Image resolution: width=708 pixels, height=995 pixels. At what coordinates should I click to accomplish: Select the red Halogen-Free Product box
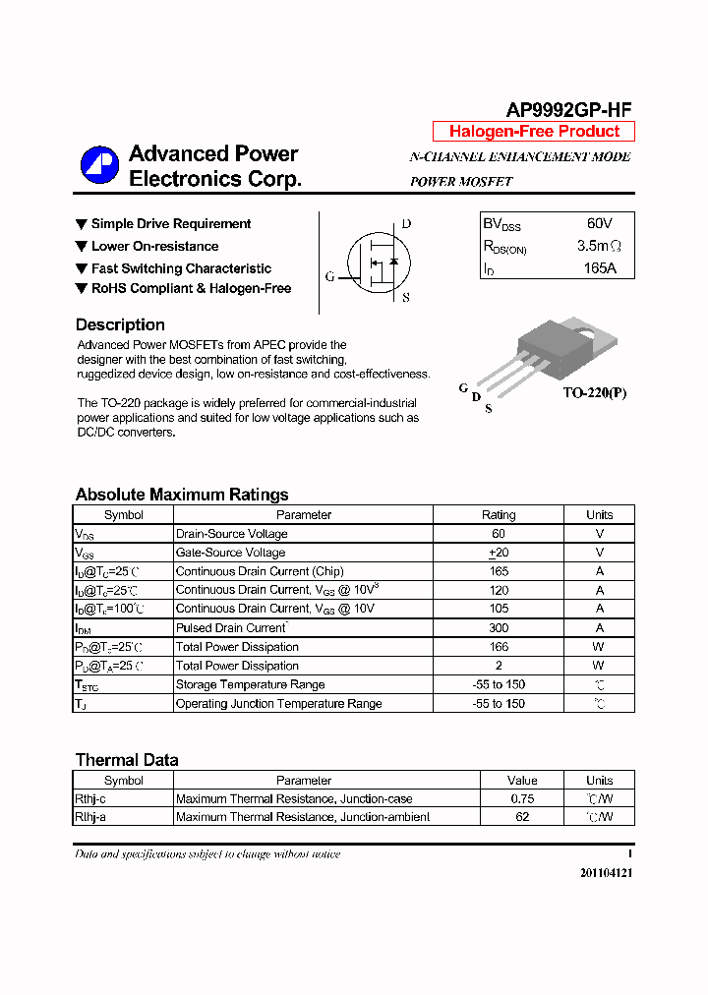click(534, 132)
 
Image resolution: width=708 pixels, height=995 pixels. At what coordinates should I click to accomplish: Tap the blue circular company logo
click(99, 165)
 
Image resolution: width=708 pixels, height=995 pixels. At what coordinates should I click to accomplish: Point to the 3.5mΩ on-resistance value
click(599, 246)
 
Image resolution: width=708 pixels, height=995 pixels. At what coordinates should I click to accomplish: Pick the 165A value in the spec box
click(599, 267)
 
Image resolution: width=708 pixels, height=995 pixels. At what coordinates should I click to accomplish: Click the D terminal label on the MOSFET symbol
click(406, 224)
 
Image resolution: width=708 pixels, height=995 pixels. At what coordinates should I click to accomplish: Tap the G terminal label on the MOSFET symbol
click(329, 277)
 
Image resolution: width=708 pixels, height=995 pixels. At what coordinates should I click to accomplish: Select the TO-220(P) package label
click(594, 393)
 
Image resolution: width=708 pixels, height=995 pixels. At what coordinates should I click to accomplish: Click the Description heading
click(120, 324)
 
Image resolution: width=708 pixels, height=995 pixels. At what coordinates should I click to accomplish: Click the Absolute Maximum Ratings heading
click(182, 495)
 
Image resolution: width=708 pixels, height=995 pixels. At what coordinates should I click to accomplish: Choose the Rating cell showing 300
click(499, 628)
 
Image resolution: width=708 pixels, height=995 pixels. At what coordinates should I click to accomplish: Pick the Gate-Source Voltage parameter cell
click(230, 553)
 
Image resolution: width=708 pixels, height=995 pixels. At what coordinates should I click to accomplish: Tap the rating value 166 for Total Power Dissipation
click(499, 647)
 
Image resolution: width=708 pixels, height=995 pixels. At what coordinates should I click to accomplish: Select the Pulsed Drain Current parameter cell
click(231, 628)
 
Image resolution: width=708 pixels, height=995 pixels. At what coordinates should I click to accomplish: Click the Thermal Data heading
click(127, 760)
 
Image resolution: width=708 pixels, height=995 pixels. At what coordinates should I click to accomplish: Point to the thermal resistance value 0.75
click(522, 799)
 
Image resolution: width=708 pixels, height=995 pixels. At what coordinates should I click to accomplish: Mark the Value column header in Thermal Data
click(522, 781)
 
